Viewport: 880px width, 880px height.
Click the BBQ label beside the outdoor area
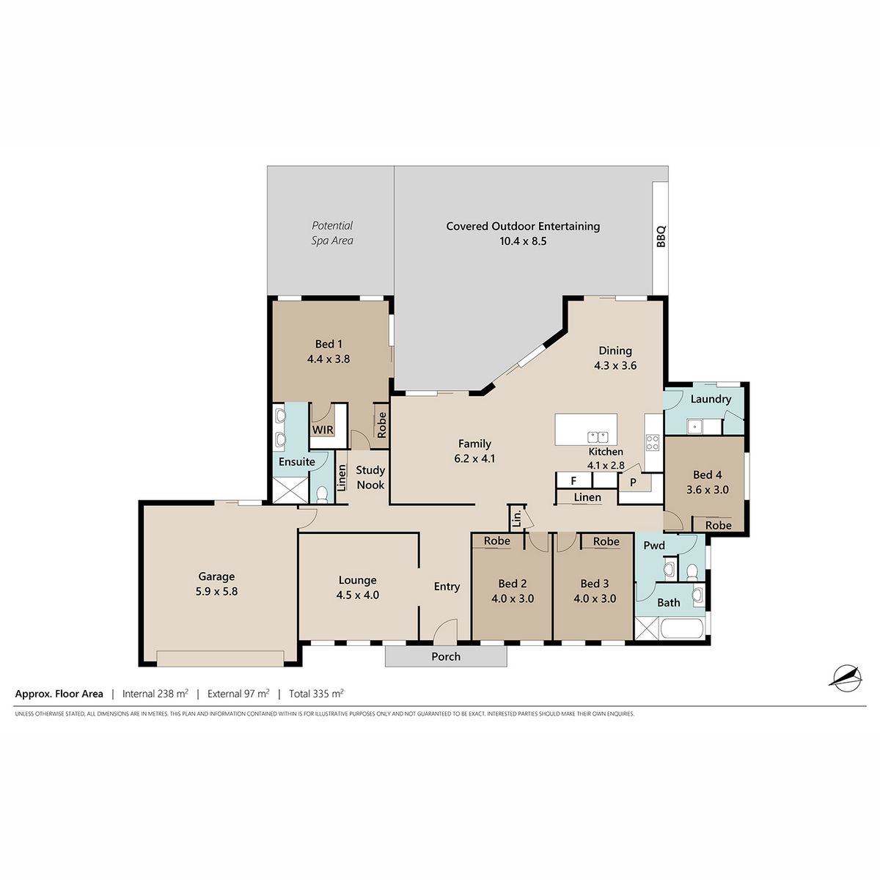[661, 236]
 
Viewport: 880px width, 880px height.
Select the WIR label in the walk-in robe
[323, 430]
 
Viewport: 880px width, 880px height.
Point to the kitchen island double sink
[598, 437]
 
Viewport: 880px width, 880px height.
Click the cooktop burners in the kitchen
[653, 442]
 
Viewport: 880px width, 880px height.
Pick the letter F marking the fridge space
[573, 480]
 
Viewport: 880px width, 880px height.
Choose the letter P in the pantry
[633, 482]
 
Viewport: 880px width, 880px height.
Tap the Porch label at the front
[446, 656]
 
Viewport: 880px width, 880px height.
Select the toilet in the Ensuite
[323, 494]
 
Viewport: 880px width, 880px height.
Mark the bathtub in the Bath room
[682, 628]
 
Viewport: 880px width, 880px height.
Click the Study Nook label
[370, 477]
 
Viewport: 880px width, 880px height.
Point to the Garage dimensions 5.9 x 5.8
[216, 591]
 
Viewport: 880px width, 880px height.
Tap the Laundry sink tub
[695, 427]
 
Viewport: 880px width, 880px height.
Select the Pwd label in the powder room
[654, 546]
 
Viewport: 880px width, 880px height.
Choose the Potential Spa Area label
[332, 233]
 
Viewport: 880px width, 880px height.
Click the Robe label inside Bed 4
[719, 525]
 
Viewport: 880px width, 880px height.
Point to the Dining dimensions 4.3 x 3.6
[615, 365]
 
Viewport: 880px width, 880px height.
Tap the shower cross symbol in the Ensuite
[290, 490]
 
